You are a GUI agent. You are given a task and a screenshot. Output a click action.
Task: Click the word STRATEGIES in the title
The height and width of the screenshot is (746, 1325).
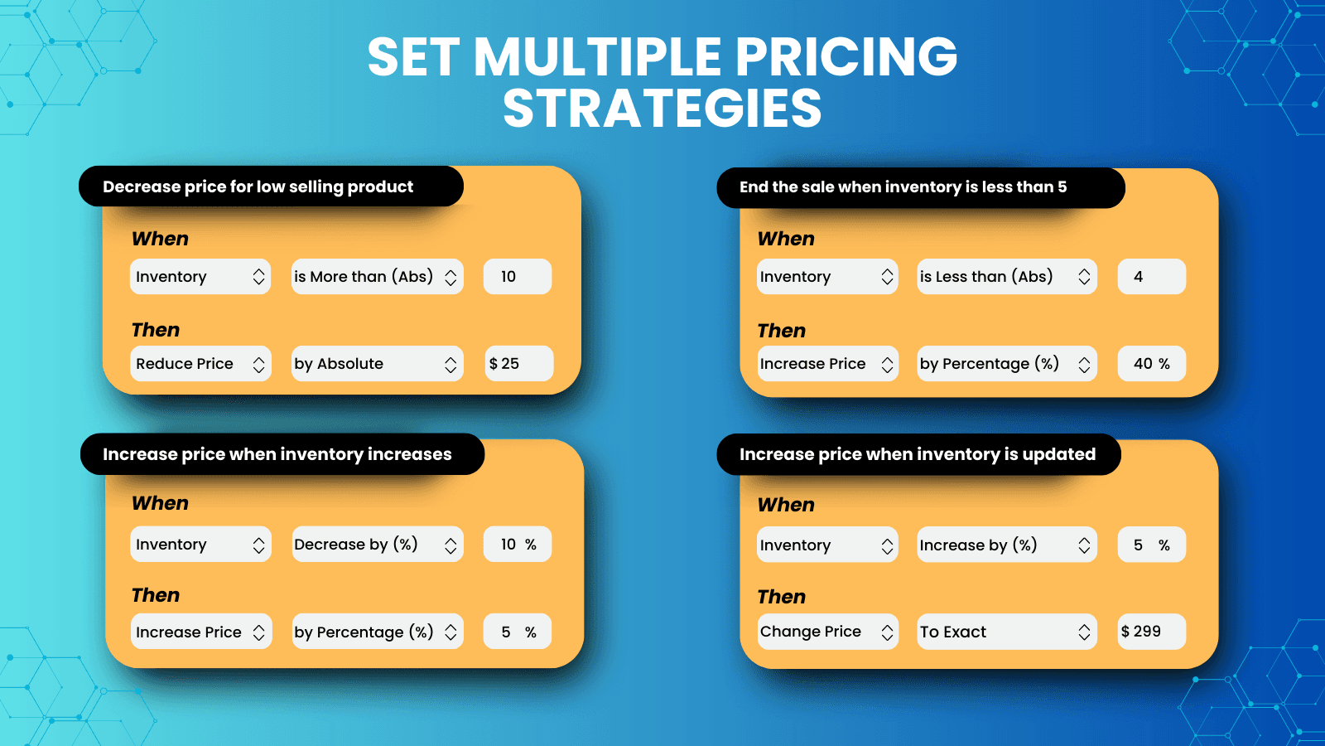(662, 109)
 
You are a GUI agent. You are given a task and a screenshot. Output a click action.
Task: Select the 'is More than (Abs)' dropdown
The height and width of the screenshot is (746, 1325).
(378, 277)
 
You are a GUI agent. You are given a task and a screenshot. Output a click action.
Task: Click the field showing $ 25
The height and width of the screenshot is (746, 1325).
(518, 364)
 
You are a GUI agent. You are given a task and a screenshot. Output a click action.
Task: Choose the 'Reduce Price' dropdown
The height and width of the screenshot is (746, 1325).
(200, 364)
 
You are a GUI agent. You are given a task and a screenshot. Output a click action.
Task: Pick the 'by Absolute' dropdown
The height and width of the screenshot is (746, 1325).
(378, 364)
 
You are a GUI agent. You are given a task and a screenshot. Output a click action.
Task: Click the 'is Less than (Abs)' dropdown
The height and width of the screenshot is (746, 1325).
(1007, 277)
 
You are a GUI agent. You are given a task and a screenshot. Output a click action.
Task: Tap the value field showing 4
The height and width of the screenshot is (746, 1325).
(1152, 277)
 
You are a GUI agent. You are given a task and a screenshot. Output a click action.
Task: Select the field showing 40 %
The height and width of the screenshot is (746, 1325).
(1152, 364)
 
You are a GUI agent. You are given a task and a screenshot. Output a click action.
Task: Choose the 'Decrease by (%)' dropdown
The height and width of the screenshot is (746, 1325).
(378, 544)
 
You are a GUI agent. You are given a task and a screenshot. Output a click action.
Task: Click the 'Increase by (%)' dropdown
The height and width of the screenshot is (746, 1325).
(1007, 545)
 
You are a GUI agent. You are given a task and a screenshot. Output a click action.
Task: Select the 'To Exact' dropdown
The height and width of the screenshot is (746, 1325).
(1007, 632)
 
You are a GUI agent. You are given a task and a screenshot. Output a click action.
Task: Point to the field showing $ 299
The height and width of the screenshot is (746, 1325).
(1152, 632)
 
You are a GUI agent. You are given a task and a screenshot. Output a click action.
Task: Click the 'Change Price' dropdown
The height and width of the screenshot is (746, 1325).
(827, 632)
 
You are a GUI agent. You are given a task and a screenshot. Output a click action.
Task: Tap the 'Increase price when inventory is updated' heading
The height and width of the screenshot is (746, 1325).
(918, 455)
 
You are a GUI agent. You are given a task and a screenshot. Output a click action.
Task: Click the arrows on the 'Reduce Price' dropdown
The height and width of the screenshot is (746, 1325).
(258, 364)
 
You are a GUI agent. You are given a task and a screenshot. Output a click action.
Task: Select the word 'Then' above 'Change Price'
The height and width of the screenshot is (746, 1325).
(782, 597)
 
